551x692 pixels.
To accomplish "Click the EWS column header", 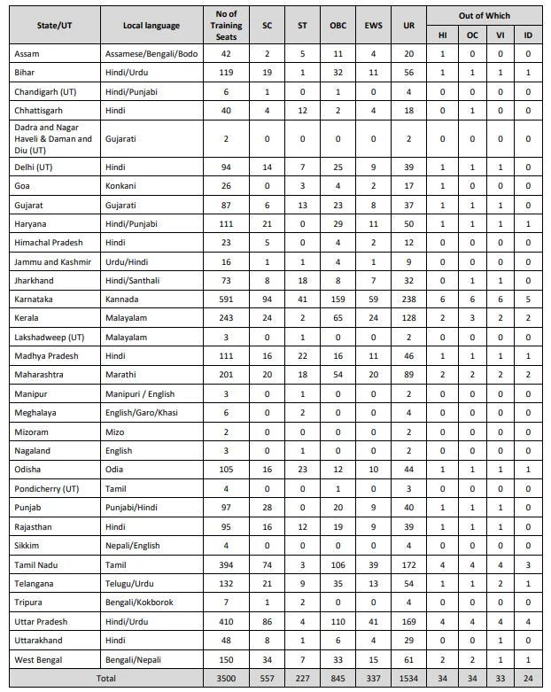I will [x=373, y=25].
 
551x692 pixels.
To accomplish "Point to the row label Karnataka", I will [x=34, y=299].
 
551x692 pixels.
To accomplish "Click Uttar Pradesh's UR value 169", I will [x=407, y=621].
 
